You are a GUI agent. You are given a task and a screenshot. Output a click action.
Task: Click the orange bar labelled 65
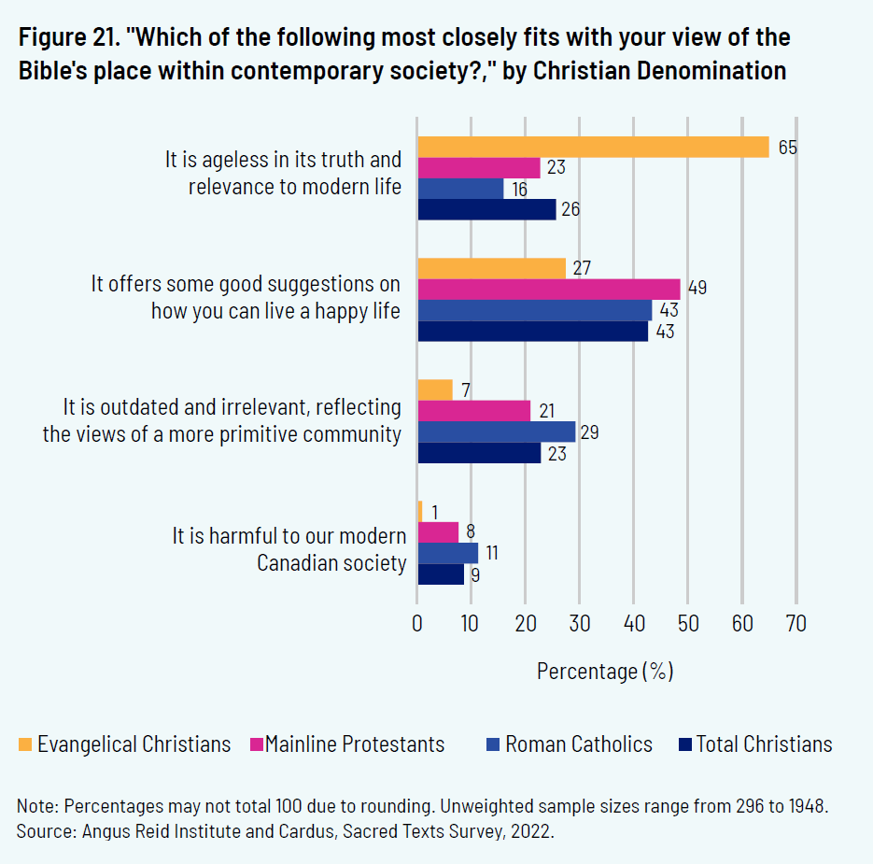pos(593,147)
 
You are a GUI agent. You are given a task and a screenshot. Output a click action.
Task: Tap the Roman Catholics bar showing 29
pos(496,432)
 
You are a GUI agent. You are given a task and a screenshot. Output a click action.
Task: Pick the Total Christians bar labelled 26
pos(486,209)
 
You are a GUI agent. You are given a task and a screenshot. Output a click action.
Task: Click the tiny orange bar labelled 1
pos(420,512)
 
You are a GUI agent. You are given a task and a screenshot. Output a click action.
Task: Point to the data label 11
pos(490,553)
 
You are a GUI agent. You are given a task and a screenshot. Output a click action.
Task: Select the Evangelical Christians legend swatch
pos(25,744)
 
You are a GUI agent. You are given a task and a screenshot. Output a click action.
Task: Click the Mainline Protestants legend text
pos(355,744)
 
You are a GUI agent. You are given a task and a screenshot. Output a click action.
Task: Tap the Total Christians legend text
pos(764,744)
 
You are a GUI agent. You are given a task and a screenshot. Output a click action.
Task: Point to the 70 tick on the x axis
pos(796,623)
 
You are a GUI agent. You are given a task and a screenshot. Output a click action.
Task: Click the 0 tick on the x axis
pos(417,623)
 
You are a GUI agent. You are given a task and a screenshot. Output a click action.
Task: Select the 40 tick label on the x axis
pos(634,623)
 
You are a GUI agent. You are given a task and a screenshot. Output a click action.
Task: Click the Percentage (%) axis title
pos(605,671)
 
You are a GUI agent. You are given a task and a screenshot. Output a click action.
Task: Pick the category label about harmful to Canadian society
pos(289,549)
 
